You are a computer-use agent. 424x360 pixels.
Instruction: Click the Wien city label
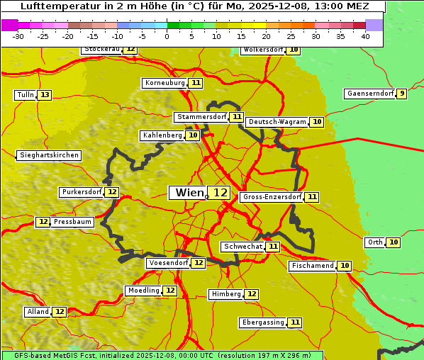pos(189,193)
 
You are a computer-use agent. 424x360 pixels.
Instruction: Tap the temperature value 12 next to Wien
pos(221,193)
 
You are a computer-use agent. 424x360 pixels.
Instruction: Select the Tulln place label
pos(25,95)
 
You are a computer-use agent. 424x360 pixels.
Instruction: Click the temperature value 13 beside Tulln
pos(45,95)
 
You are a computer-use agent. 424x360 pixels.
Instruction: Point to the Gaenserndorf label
pos(369,94)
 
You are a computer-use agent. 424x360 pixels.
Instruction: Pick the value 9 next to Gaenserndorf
pos(402,94)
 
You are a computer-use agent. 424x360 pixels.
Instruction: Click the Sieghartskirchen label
pos(48,155)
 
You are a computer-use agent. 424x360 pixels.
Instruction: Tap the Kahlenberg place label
pos(162,135)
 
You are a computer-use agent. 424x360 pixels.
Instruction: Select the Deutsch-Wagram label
pos(277,122)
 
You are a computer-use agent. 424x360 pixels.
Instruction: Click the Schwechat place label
pos(242,247)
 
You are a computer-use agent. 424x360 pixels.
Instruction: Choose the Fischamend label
pos(312,266)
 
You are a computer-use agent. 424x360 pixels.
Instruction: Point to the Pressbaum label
pos(73,222)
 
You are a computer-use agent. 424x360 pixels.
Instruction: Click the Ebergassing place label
pos(262,322)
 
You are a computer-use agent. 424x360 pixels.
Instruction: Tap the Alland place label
pos(38,312)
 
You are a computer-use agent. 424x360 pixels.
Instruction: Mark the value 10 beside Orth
pos(394,242)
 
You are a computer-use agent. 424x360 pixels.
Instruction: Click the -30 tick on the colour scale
pos(18,36)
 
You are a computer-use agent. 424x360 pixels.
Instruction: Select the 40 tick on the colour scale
pos(365,36)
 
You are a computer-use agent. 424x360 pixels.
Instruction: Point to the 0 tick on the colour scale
pos(167,36)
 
